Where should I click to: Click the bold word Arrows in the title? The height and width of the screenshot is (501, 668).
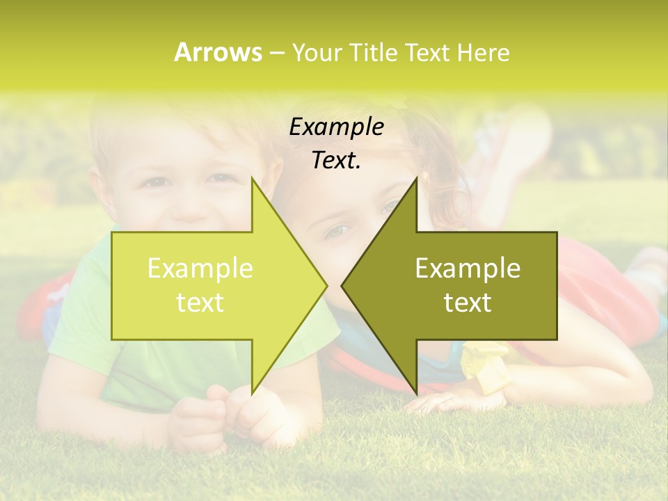coord(218,52)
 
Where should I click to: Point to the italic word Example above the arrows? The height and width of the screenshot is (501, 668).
coord(336,127)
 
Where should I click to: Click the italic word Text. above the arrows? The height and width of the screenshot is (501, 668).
coord(336,160)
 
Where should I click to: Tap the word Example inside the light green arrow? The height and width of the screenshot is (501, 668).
coord(200,269)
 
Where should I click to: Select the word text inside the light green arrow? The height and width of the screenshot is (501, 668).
coord(200,303)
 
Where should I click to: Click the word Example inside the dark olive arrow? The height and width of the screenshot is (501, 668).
coord(468,269)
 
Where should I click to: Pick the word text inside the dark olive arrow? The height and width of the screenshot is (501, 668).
coord(468,303)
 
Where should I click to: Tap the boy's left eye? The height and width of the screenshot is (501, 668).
coord(159,182)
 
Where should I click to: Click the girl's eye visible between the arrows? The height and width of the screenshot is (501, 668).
coord(335,230)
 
